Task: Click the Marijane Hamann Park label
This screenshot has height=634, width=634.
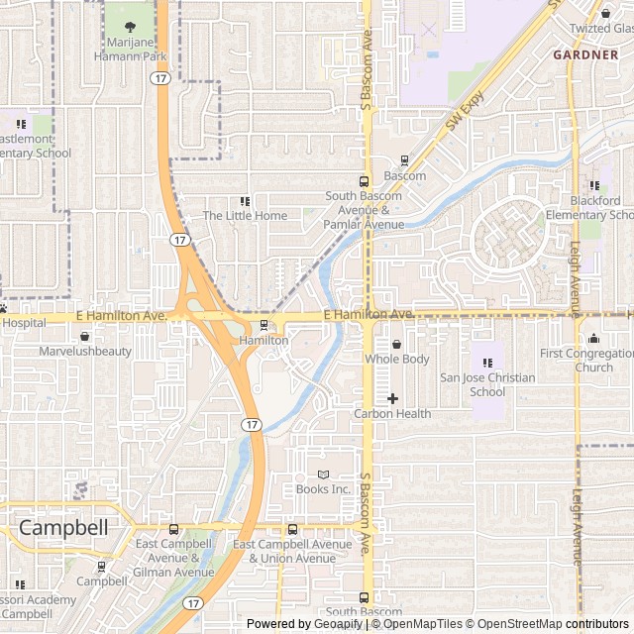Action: pos(131,49)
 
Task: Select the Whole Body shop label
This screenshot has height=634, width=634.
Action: pos(397,359)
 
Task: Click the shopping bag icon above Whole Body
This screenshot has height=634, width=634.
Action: pos(397,344)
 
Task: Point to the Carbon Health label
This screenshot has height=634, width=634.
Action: pos(392,413)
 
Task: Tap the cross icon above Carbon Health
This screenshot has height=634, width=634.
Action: pos(392,398)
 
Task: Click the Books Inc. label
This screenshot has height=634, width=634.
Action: pos(323,488)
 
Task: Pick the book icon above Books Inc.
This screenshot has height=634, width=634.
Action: pos(323,474)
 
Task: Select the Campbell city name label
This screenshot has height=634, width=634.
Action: pos(63,528)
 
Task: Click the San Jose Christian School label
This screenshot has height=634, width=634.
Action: pos(487,384)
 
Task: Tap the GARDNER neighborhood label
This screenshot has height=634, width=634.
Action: pos(585,54)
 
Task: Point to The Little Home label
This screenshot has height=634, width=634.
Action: pos(245,215)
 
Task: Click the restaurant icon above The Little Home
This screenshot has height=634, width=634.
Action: pos(245,201)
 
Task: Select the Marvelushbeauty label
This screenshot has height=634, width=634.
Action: pos(85,351)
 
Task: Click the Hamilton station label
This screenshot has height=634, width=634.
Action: pos(264,340)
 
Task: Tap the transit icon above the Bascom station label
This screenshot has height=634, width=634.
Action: pos(404,160)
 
